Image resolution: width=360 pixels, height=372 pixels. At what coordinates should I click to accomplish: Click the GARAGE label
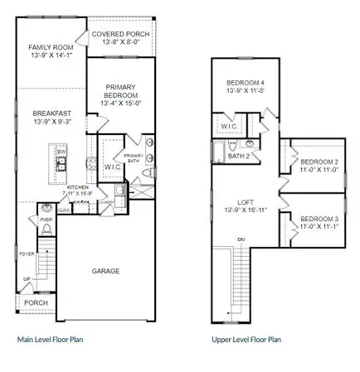pyautogui.click(x=106, y=271)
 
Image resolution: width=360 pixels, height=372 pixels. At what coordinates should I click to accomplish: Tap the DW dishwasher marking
pyautogui.click(x=61, y=152)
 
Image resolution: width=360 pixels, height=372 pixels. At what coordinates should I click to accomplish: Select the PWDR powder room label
pyautogui.click(x=46, y=219)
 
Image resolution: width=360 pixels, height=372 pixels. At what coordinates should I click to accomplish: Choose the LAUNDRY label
pyautogui.click(x=105, y=201)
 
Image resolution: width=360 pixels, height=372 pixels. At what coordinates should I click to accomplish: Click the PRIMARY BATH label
pyautogui.click(x=134, y=157)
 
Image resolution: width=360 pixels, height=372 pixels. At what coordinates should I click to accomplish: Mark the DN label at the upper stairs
pyautogui.click(x=240, y=239)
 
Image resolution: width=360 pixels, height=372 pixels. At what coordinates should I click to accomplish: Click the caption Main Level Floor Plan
pyautogui.click(x=50, y=339)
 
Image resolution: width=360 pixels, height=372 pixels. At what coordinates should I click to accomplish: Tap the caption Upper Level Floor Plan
pyautogui.click(x=246, y=339)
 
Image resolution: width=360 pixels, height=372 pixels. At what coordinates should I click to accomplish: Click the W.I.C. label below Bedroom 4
pyautogui.click(x=227, y=126)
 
